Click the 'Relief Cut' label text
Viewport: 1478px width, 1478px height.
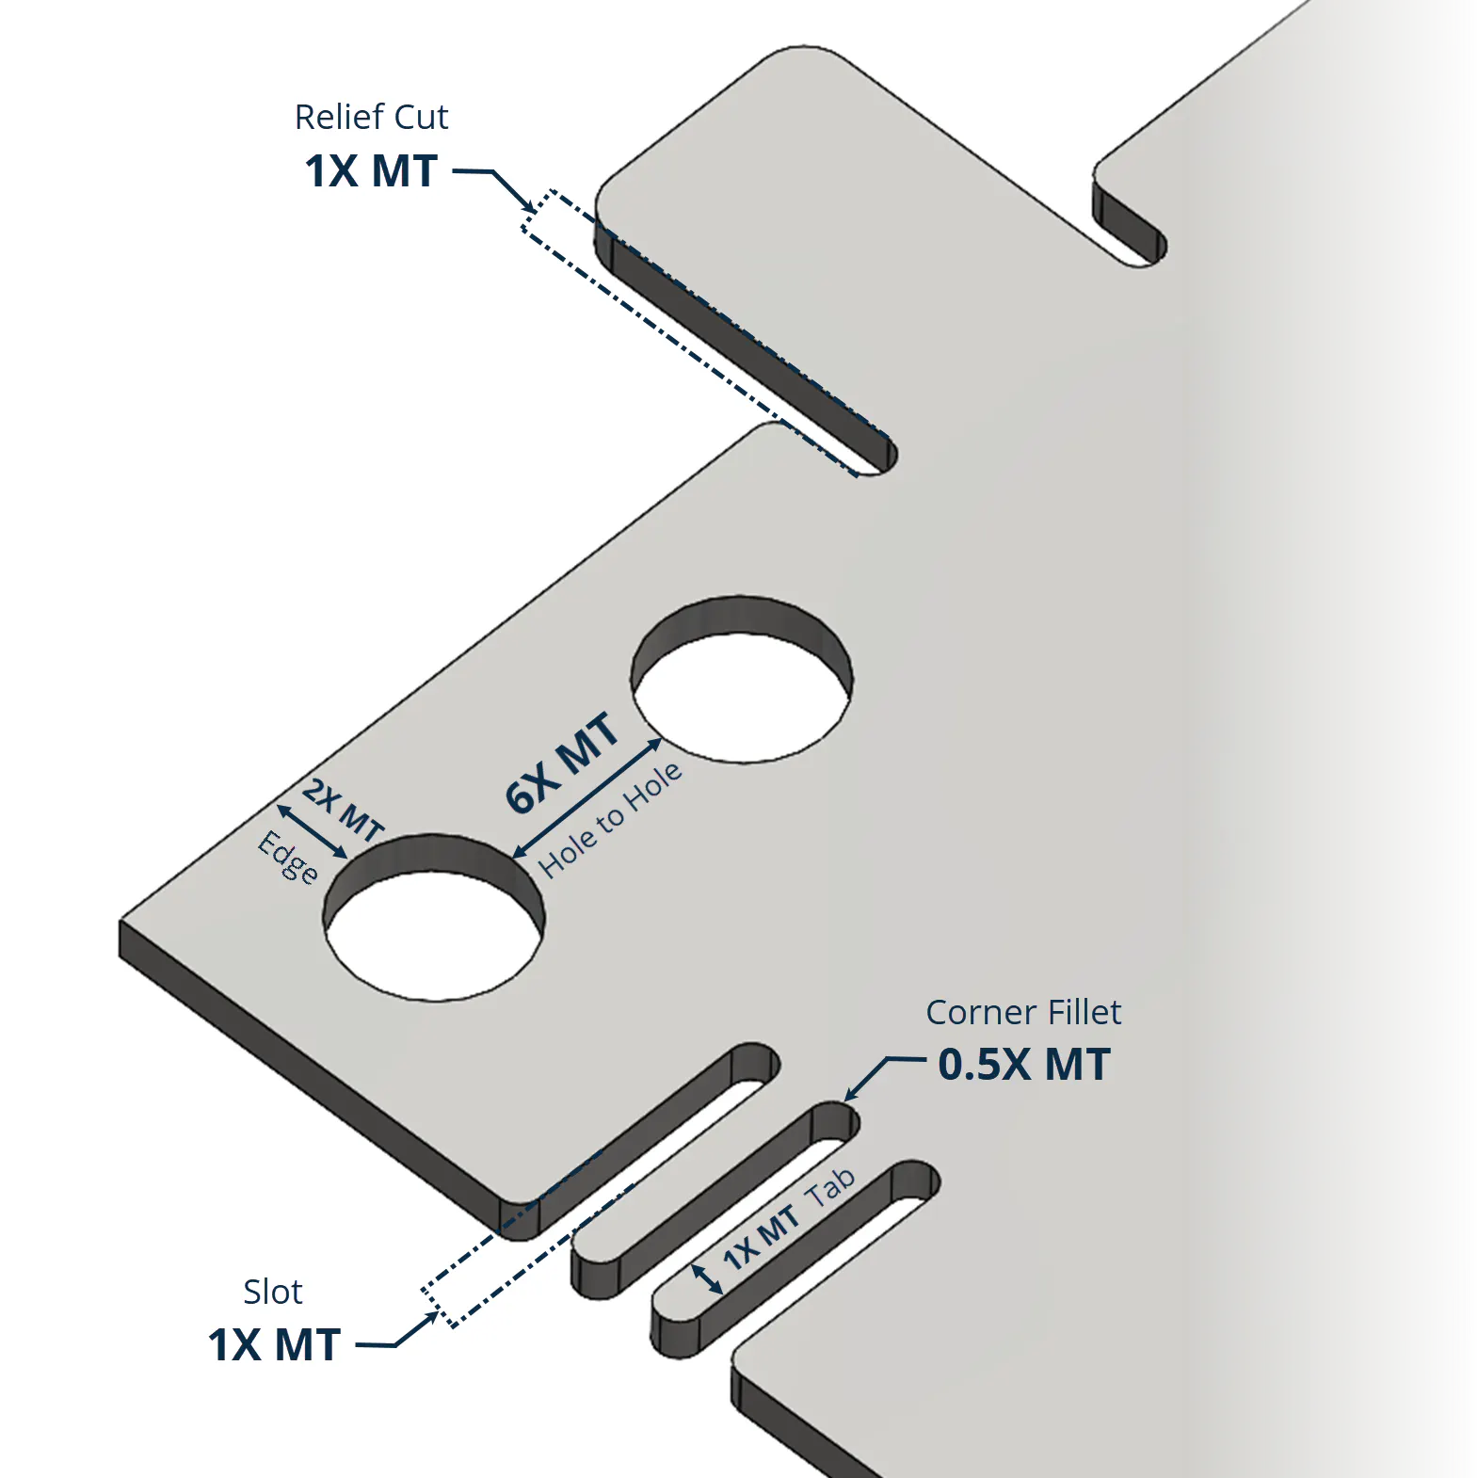(371, 117)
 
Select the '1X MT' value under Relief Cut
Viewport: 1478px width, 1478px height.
(371, 171)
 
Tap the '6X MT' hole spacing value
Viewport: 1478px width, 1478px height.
(562, 763)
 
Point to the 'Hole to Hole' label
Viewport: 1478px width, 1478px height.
(610, 819)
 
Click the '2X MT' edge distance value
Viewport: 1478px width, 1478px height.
(344, 810)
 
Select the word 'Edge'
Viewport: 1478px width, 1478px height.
(288, 857)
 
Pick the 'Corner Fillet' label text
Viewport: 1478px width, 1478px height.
(1023, 1012)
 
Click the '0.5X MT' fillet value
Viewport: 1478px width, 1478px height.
(1024, 1065)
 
